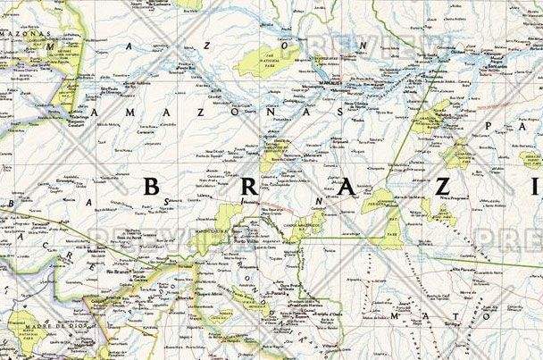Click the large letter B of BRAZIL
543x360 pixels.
[155, 188]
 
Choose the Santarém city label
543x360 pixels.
[497, 68]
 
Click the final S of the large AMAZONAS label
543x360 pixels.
[331, 115]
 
